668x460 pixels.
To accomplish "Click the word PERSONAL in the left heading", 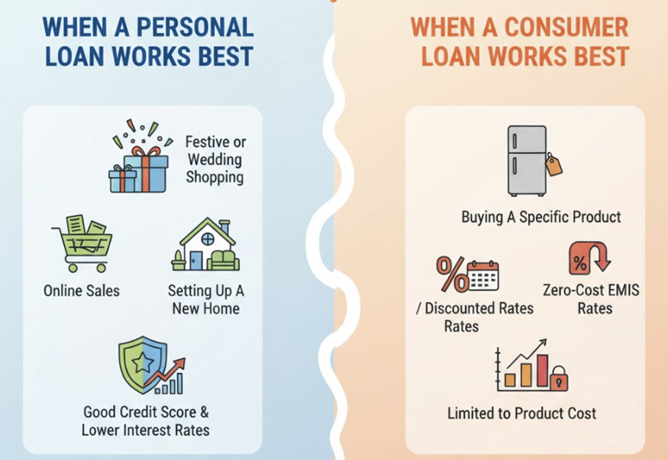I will (x=197, y=27).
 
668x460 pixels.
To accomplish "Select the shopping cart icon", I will (x=81, y=242).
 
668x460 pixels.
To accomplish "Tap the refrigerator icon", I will (x=527, y=160).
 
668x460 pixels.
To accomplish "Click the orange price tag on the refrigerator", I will (x=554, y=165).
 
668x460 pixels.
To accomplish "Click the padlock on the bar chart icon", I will (x=559, y=378).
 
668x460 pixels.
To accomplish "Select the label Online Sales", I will (x=82, y=291).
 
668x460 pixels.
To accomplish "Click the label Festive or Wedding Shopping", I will (x=215, y=159).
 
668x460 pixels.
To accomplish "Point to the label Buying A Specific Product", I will (x=541, y=217).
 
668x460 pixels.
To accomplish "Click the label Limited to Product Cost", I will (x=521, y=413).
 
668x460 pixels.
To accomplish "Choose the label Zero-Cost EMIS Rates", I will (x=592, y=299).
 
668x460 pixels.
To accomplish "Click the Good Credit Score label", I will (x=146, y=413).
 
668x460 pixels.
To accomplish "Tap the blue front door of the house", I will (x=195, y=259).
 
